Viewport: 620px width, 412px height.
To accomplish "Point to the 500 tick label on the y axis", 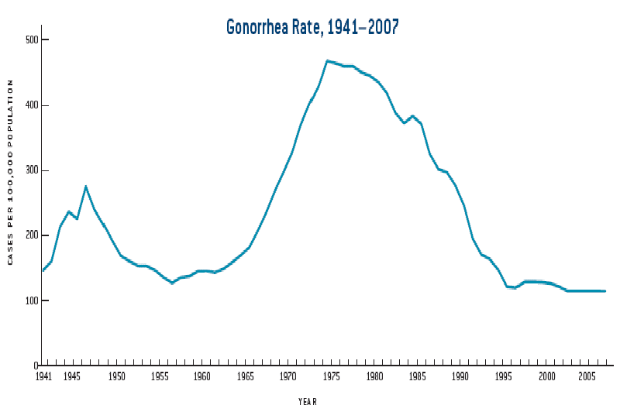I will coord(31,39).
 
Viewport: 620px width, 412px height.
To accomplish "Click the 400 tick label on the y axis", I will coord(31,105).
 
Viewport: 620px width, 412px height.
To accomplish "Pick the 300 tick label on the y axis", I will coord(31,170).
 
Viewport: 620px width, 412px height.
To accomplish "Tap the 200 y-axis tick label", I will coord(31,235).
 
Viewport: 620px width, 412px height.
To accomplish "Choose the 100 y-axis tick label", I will coord(31,300).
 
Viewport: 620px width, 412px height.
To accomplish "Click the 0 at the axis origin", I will coord(36,366).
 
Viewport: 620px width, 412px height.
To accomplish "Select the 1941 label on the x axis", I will coord(43,377).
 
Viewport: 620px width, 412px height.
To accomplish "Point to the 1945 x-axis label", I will coord(72,377).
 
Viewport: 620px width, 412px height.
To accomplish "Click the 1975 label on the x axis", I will coord(332,377).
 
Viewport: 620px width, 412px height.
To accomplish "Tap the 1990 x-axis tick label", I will coord(460,377).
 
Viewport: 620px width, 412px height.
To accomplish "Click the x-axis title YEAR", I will coord(308,401).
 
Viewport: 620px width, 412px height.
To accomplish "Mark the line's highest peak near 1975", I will coord(327,60).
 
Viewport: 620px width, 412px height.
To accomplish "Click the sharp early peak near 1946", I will coord(85,187).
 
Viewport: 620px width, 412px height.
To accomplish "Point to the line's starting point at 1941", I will coord(43,270).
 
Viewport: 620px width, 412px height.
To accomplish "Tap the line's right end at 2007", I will coord(605,291).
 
